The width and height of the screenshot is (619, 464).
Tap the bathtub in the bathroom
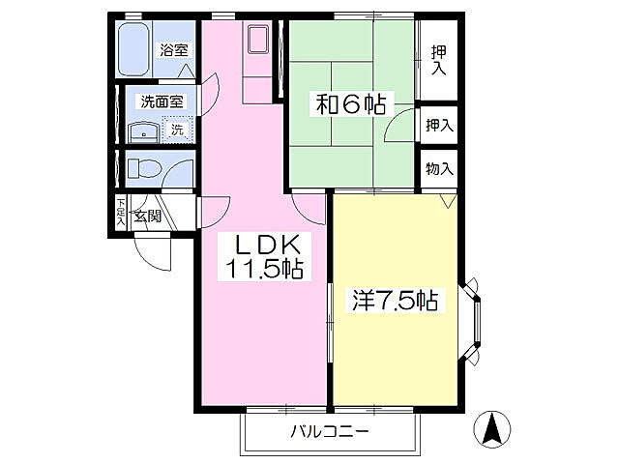coord(133,50)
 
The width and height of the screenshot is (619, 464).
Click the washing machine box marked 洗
coord(177,130)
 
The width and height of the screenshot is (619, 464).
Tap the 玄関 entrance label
coord(148,216)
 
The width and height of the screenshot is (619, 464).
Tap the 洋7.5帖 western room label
coord(395,302)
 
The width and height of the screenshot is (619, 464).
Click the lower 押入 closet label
coord(439,124)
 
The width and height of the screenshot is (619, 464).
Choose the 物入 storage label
coord(439,169)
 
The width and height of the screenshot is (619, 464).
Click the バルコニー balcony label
coord(330,431)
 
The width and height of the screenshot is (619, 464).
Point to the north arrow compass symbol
coord(492,429)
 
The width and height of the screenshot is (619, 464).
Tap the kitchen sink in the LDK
coord(258,41)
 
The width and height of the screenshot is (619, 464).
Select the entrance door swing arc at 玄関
coord(152,251)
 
